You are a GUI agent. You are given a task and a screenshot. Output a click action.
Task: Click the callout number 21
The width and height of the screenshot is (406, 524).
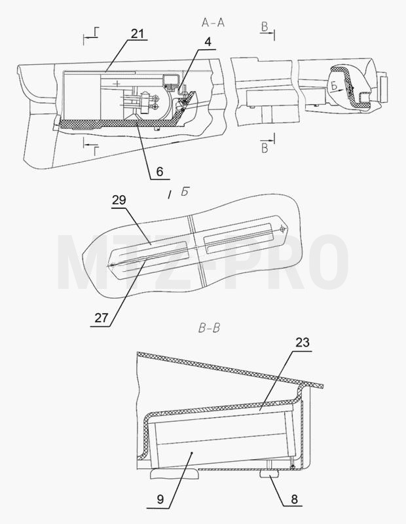click(x=138, y=33)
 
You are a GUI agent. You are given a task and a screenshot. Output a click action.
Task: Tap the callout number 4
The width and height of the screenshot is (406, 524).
click(x=208, y=43)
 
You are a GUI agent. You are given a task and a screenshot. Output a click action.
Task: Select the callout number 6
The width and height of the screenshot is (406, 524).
click(x=160, y=172)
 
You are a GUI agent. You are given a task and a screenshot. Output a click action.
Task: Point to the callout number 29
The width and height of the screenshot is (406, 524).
click(x=119, y=200)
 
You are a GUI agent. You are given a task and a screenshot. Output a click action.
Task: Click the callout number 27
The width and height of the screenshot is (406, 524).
click(x=101, y=318)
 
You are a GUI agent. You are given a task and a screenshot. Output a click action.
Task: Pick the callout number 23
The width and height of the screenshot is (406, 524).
click(x=303, y=343)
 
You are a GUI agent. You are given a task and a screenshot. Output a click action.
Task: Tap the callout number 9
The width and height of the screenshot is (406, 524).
click(x=160, y=500)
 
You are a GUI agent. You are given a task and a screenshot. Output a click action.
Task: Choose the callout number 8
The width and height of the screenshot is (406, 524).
click(x=294, y=499)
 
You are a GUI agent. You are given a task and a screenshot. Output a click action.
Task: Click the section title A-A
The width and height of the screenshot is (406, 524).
click(x=213, y=22)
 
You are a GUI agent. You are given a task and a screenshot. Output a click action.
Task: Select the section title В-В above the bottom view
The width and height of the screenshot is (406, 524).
click(x=209, y=328)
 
